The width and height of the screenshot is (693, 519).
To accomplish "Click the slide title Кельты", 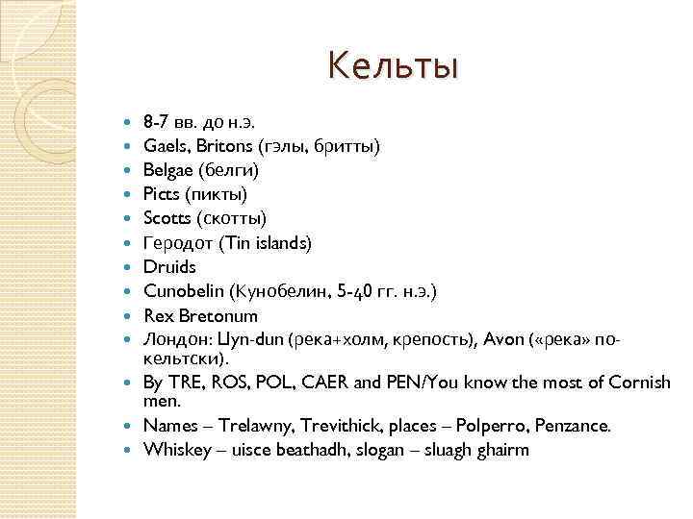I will click(x=393, y=66).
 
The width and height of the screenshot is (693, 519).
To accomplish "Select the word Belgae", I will click(x=167, y=170).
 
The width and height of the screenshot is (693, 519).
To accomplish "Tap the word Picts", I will click(x=162, y=194).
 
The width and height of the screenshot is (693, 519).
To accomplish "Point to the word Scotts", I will click(x=167, y=218).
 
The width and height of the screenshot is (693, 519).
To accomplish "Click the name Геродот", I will click(x=176, y=242).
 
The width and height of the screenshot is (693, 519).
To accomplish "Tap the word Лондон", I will click(x=172, y=338).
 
